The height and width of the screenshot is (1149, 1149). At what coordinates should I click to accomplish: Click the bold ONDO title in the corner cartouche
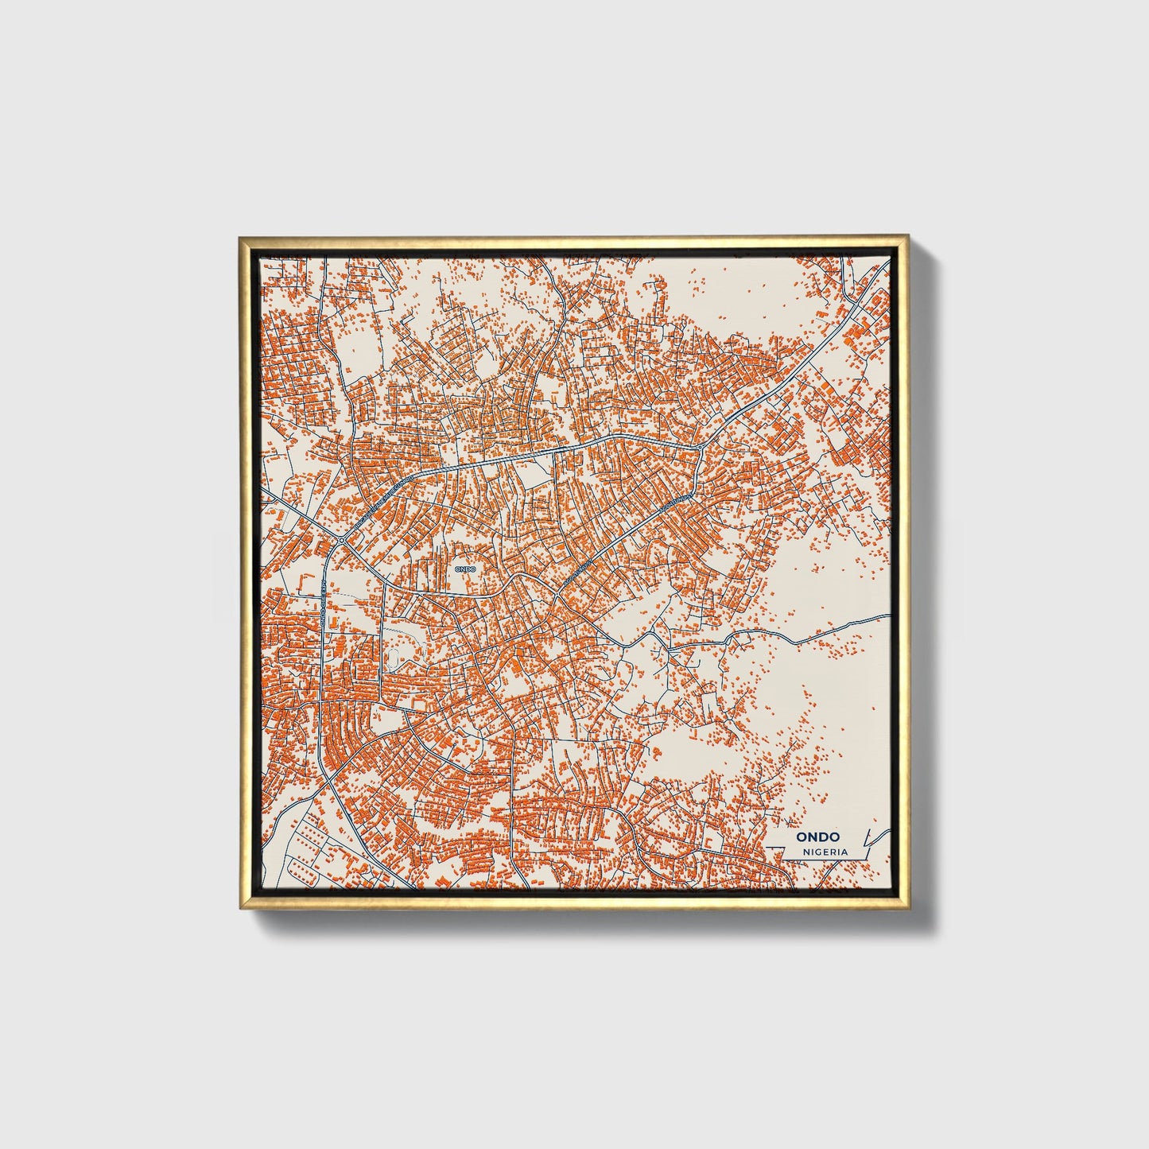tap(817, 837)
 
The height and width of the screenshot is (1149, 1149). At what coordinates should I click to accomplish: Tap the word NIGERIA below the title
tap(825, 852)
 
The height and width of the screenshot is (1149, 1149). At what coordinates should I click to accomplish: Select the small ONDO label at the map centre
tap(464, 569)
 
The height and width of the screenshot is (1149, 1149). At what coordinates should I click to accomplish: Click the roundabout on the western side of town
tap(341, 541)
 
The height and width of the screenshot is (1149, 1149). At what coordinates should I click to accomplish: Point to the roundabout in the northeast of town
tap(699, 448)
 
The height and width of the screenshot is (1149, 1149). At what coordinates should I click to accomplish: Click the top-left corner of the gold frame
tap(239, 237)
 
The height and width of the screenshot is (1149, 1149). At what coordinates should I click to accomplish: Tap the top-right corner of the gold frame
tap(910, 237)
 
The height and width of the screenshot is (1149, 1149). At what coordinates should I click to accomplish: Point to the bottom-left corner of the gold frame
tap(239, 908)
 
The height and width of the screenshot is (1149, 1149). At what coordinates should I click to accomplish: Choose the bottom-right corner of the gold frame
tap(910, 908)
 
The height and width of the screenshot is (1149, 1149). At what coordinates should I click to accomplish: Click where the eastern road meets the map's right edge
tap(889, 615)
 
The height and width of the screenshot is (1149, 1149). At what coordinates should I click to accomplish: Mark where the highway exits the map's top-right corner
tap(879, 275)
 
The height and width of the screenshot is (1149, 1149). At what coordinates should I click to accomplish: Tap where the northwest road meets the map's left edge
tap(262, 493)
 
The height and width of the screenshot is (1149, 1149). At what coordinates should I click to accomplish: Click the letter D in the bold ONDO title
tap(824, 837)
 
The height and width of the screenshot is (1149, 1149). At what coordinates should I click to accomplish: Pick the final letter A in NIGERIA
tap(844, 852)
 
